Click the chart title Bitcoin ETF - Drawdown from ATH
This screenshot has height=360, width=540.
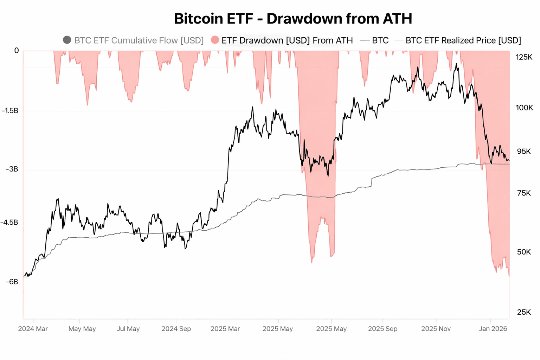(x=293, y=19)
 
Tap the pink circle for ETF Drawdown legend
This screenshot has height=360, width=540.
(x=215, y=40)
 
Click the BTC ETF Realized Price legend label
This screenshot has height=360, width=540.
(x=463, y=40)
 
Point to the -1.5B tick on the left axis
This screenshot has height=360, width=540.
(x=10, y=111)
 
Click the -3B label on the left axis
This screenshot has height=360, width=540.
(x=12, y=169)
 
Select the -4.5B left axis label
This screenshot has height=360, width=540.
(x=9, y=223)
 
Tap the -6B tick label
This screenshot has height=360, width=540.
(x=12, y=282)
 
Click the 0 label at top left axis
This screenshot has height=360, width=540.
(x=17, y=51)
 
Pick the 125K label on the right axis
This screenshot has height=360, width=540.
(x=524, y=57)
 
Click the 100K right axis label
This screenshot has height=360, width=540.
(x=524, y=108)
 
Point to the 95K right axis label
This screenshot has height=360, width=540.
(x=524, y=152)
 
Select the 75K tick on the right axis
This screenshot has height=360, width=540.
(x=524, y=193)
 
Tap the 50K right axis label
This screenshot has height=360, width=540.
(x=524, y=252)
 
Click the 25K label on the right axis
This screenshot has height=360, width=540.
(x=524, y=312)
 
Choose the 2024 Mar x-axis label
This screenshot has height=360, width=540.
(x=33, y=329)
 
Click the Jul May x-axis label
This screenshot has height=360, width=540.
(x=128, y=329)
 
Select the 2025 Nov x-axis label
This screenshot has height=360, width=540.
(x=436, y=329)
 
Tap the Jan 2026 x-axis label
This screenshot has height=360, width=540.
(x=493, y=329)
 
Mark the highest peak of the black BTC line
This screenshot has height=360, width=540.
(x=456, y=64)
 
